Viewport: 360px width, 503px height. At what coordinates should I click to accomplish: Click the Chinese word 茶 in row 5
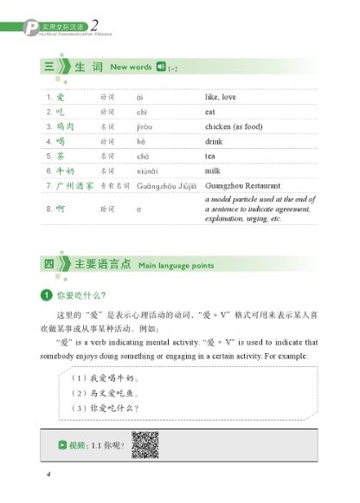[x=60, y=155]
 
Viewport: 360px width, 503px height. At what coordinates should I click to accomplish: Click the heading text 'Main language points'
[x=177, y=265]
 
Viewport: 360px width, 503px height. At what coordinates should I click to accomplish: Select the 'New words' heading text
[x=132, y=67]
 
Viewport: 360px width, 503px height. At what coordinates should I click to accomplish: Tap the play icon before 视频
[x=61, y=446]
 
